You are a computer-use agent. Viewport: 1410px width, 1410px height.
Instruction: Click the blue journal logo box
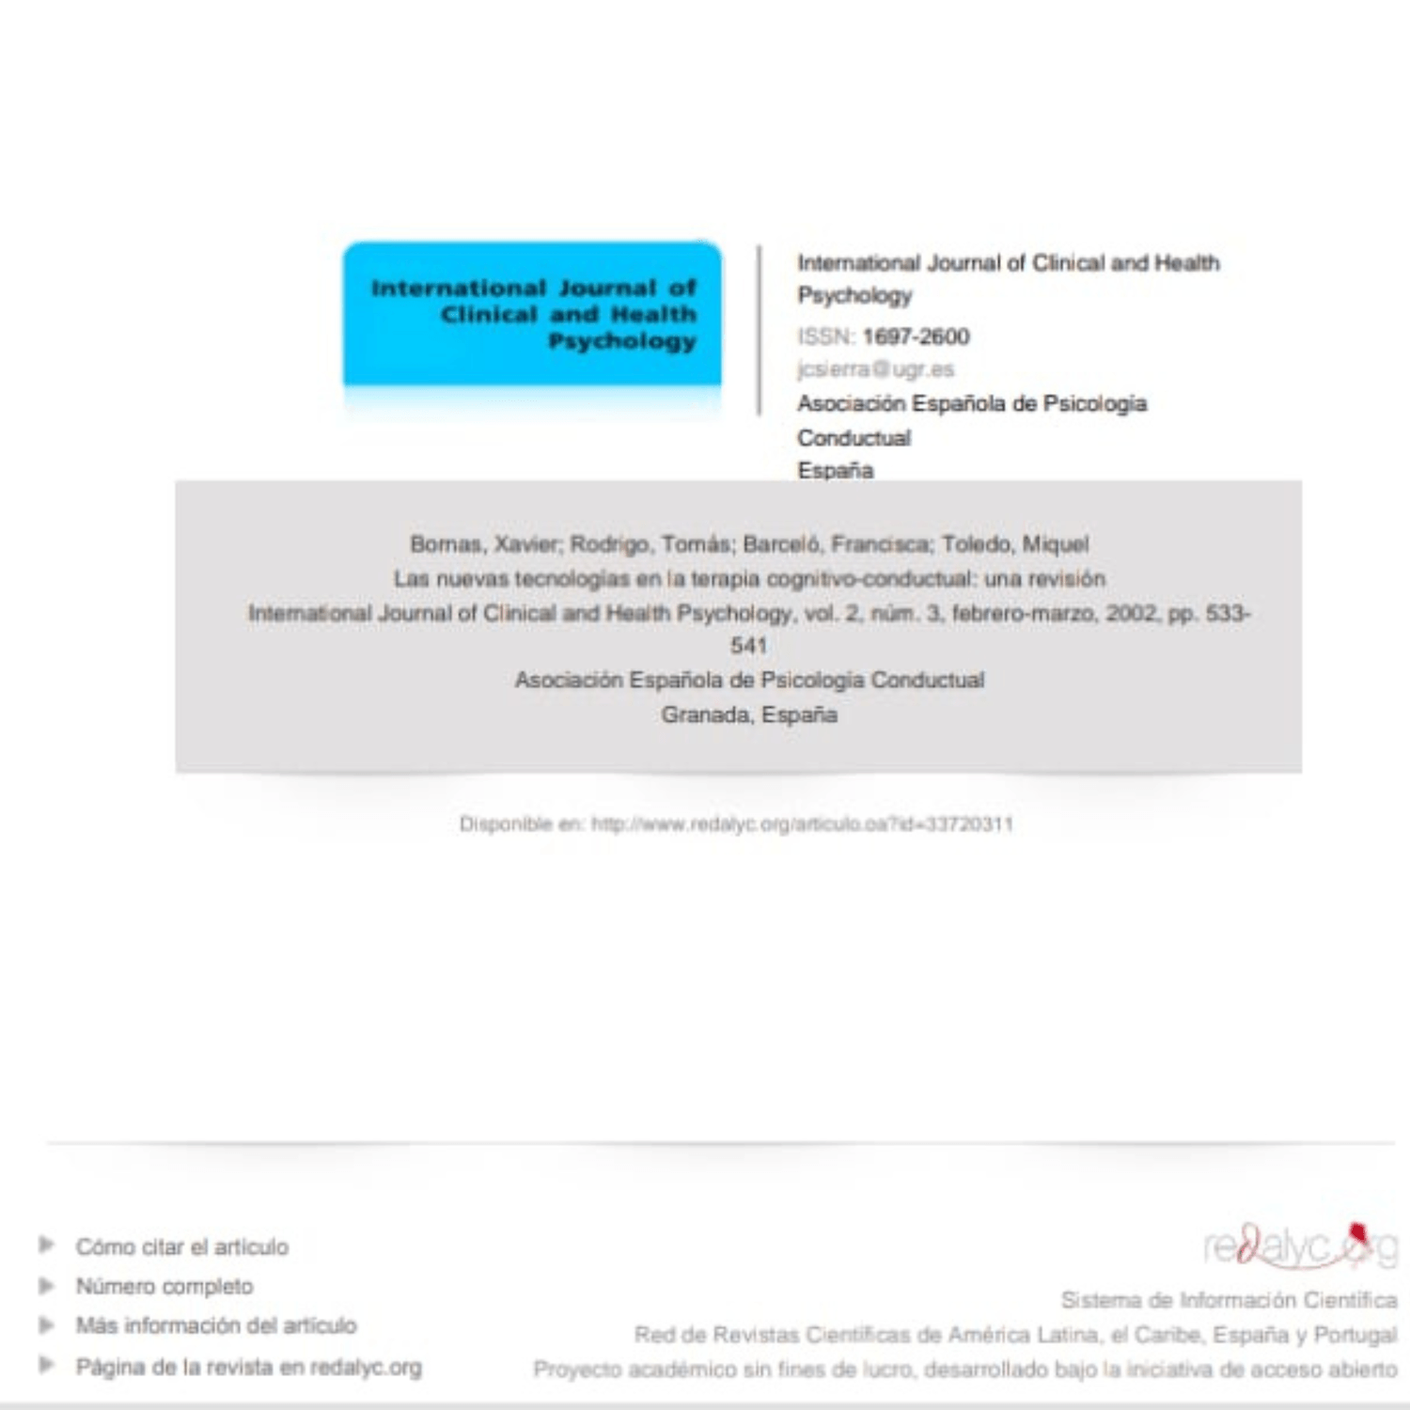(532, 314)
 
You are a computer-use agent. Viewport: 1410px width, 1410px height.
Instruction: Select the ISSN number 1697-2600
(916, 337)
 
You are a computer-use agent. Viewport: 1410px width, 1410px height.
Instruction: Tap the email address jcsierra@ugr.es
(875, 369)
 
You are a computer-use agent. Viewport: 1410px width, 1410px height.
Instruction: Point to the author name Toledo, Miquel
(1015, 544)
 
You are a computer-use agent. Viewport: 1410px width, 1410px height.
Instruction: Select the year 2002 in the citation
(1131, 614)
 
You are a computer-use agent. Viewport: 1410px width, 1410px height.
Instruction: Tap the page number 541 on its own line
(748, 646)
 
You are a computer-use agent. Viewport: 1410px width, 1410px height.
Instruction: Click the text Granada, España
(748, 715)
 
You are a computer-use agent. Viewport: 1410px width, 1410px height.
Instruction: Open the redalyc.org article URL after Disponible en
(802, 824)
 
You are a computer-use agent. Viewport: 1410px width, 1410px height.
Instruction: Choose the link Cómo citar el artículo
(182, 1247)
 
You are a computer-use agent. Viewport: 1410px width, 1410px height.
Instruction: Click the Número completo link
(164, 1286)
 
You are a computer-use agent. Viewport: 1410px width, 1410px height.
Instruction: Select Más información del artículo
(216, 1325)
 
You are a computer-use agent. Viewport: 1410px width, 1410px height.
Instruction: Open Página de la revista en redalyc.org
(248, 1367)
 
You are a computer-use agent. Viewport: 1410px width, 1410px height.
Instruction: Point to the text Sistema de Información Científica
(1228, 1300)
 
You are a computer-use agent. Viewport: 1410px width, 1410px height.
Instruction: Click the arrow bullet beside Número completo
(46, 1285)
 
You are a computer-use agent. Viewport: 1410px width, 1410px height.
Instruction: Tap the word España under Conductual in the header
(835, 471)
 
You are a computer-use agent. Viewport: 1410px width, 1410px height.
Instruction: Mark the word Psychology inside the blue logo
(621, 341)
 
